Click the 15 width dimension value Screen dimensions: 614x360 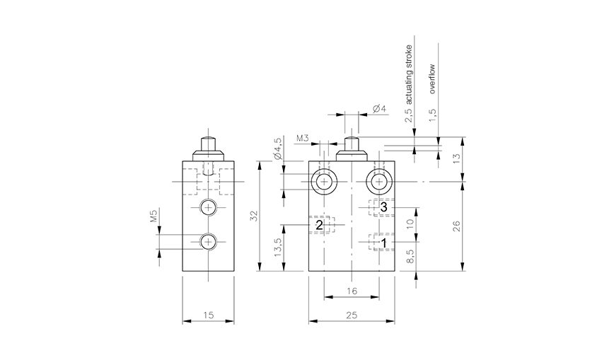click(x=209, y=315)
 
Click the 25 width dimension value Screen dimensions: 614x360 click(x=352, y=315)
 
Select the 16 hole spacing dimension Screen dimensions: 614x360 click(x=352, y=291)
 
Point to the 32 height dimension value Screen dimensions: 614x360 click(x=254, y=216)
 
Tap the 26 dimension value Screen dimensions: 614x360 click(x=456, y=226)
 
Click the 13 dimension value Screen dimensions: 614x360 click(x=456, y=158)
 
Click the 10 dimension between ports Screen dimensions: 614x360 click(x=410, y=224)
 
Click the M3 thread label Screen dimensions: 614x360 click(x=303, y=138)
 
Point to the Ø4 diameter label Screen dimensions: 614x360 click(x=379, y=108)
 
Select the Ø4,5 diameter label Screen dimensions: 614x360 click(x=278, y=149)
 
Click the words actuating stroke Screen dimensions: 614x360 click(x=408, y=74)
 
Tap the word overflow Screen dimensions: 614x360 click(x=432, y=79)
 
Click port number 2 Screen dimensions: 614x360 click(x=319, y=225)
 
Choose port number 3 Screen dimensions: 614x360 click(x=383, y=207)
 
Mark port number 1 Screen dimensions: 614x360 click(x=384, y=243)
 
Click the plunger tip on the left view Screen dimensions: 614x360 click(x=208, y=138)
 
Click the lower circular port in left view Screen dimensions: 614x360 click(x=208, y=242)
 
